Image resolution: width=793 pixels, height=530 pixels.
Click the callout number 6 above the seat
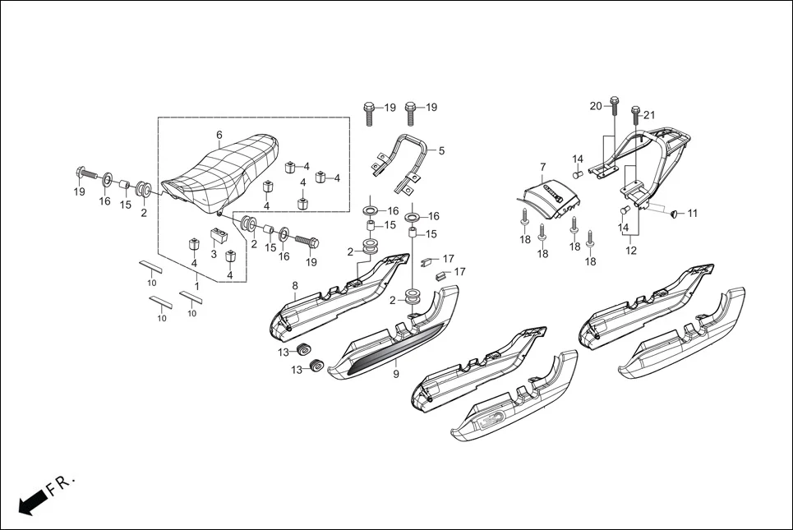(219, 135)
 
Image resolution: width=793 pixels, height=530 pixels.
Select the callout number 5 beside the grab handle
(441, 151)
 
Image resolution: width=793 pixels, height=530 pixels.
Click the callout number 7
(542, 167)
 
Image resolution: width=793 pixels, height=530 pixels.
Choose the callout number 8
(294, 285)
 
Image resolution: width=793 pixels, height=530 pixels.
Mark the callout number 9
(395, 374)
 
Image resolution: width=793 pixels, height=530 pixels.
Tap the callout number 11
(692, 214)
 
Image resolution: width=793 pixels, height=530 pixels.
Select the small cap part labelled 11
(673, 214)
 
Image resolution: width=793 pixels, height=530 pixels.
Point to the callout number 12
(630, 251)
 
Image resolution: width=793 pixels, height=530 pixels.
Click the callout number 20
(596, 105)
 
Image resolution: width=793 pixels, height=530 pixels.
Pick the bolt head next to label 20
(614, 102)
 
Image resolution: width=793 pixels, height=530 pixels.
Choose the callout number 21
(649, 114)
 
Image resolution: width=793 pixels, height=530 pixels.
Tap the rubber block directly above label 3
(219, 237)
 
